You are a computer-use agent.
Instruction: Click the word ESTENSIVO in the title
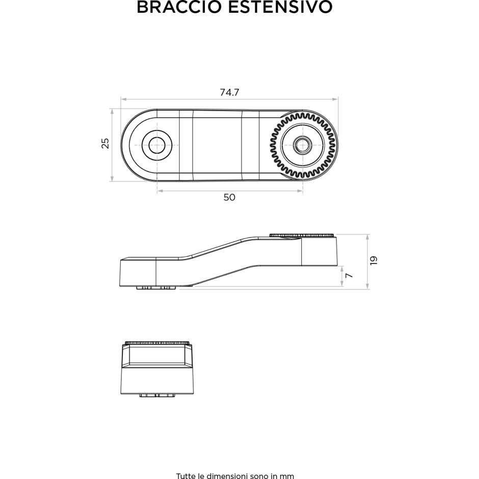pyautogui.click(x=280, y=7)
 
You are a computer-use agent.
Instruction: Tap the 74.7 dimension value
pyautogui.click(x=229, y=92)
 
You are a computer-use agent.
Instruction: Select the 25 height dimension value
pyautogui.click(x=105, y=144)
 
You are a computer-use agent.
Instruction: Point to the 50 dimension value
pyautogui.click(x=229, y=197)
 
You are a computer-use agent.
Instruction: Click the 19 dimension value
pyautogui.click(x=374, y=260)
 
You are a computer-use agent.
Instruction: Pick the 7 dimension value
pyautogui.click(x=349, y=275)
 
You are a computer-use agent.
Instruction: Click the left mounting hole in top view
pyautogui.click(x=157, y=145)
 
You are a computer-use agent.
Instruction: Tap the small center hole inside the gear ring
pyautogui.click(x=302, y=145)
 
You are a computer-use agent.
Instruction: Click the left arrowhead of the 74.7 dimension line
pyautogui.click(x=123, y=99)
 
